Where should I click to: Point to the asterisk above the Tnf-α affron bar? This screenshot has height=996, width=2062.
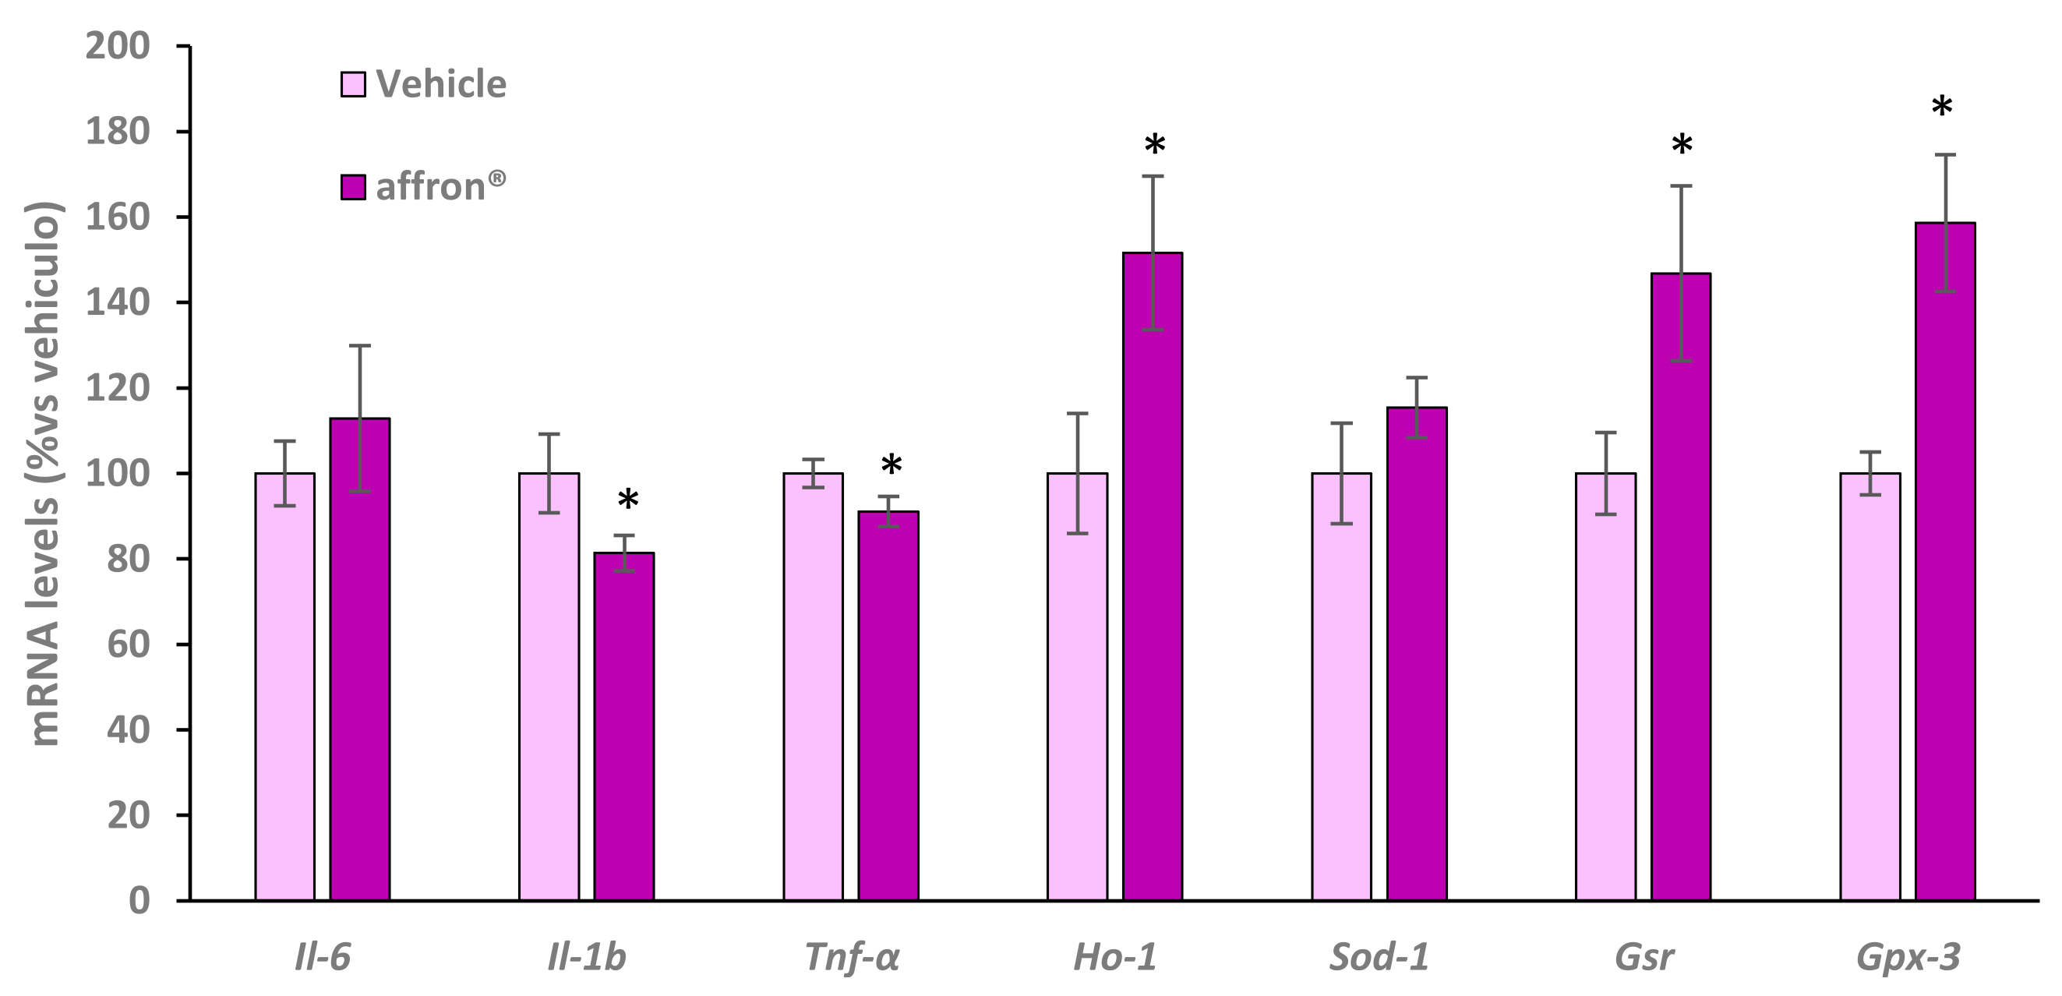tap(891, 466)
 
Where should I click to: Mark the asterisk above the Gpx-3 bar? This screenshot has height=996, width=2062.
tap(1942, 108)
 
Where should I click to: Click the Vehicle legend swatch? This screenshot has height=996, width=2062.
tap(353, 84)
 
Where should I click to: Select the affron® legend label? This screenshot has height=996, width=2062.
tap(440, 186)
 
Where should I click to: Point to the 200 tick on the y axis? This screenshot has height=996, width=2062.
tap(118, 47)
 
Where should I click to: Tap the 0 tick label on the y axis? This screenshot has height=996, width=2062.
tap(139, 901)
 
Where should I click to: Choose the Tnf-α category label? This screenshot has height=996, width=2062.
tap(852, 958)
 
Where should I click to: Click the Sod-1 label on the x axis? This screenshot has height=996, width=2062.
tap(1379, 958)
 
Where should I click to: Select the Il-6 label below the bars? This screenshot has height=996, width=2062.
tap(323, 958)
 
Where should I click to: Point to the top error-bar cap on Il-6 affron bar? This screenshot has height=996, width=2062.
tap(360, 345)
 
